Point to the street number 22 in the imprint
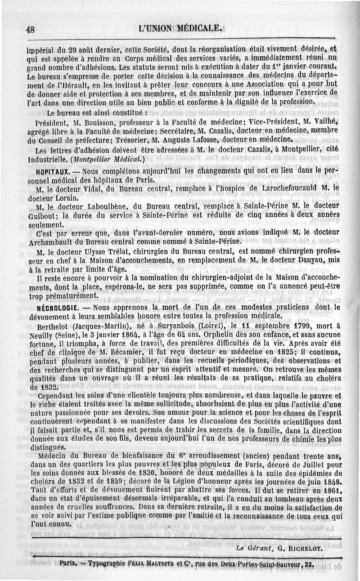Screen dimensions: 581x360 308,564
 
